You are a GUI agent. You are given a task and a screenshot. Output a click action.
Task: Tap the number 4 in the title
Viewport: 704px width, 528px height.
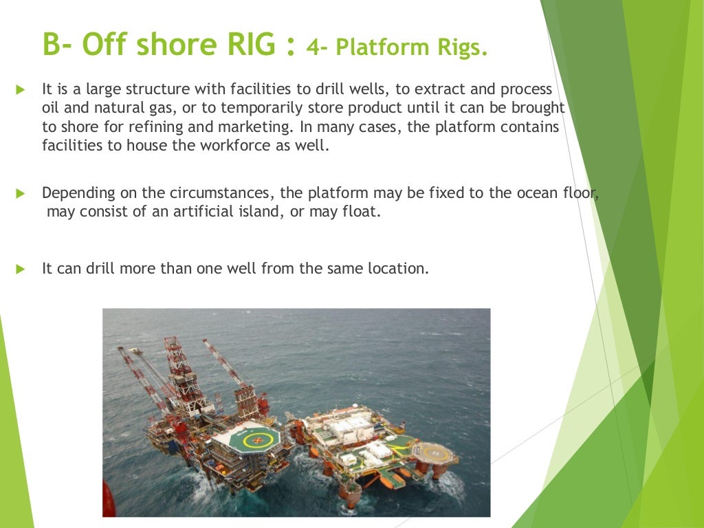coord(315,49)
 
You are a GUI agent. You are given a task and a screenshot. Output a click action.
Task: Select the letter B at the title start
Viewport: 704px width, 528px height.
coord(52,44)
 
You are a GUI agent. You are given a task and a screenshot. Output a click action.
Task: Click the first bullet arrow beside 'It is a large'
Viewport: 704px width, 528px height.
coord(19,89)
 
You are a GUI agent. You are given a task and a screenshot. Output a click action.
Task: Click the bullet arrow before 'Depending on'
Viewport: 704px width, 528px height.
coord(19,193)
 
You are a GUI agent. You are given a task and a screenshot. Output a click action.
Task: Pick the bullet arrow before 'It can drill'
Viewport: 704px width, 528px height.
coord(19,268)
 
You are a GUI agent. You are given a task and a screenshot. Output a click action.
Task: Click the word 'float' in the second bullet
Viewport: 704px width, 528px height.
coord(360,212)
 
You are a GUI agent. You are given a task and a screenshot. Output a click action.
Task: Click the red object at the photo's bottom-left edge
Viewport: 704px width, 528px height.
coord(107,498)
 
